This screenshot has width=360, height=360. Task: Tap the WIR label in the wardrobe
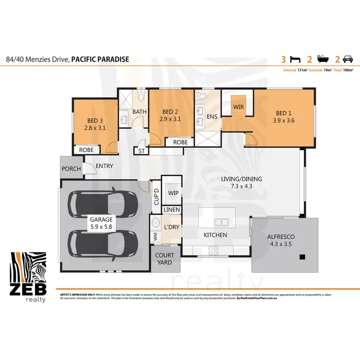click(239, 106)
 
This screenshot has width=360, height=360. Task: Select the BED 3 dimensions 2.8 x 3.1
click(95, 128)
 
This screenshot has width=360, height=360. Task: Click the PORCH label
click(72, 169)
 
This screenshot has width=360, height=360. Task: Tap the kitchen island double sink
click(221, 222)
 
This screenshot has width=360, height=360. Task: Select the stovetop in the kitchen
click(213, 250)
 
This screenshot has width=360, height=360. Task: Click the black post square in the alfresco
click(302, 257)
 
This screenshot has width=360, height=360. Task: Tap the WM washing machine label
click(156, 237)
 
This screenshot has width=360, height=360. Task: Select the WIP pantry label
click(173, 192)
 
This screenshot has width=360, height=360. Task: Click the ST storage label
click(142, 151)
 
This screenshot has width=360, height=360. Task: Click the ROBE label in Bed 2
click(180, 142)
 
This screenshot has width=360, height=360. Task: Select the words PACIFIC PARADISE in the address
click(100, 60)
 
